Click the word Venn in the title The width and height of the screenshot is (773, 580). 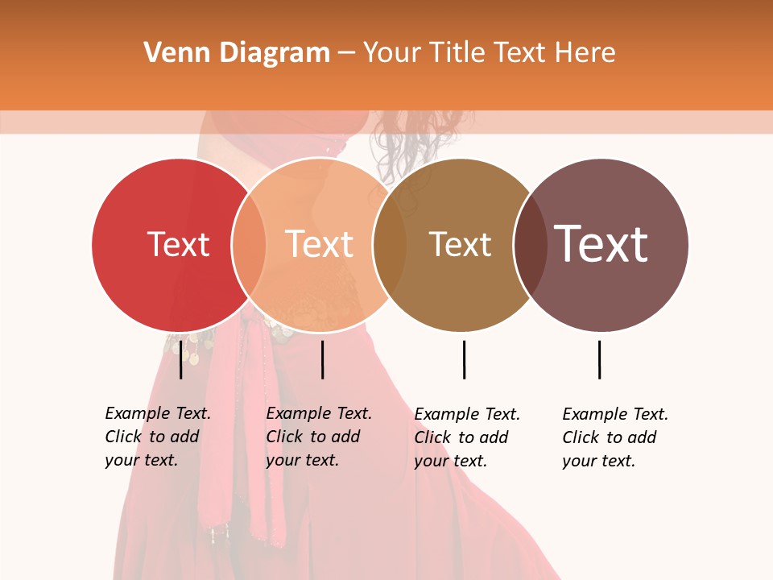pyautogui.click(x=167, y=53)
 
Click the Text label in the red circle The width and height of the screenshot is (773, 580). pyautogui.click(x=178, y=244)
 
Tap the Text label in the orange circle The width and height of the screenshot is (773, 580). pyautogui.click(x=319, y=244)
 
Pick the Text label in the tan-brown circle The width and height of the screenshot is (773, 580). pyautogui.click(x=460, y=244)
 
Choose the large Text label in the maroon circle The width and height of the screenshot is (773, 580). pyautogui.click(x=601, y=244)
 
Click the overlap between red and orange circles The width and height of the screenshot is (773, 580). pyautogui.click(x=249, y=245)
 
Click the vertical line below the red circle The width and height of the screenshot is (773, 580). pyautogui.click(x=180, y=359)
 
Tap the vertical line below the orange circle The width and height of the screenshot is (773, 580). pyautogui.click(x=322, y=359)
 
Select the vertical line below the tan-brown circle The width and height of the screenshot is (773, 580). pyautogui.click(x=464, y=359)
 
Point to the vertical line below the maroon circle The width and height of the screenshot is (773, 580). pyautogui.click(x=599, y=359)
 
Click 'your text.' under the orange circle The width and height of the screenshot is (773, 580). pyautogui.click(x=302, y=460)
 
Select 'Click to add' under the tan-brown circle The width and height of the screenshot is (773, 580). pyautogui.click(x=461, y=437)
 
